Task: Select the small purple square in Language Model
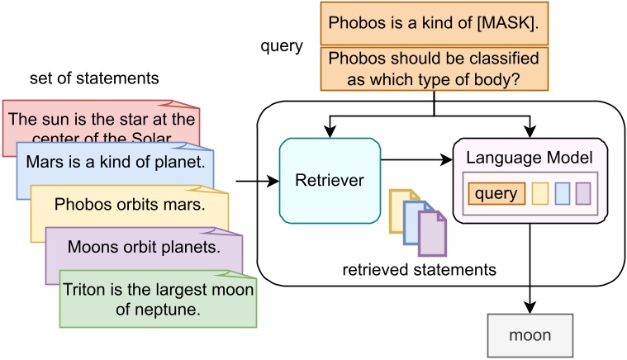(x=585, y=194)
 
